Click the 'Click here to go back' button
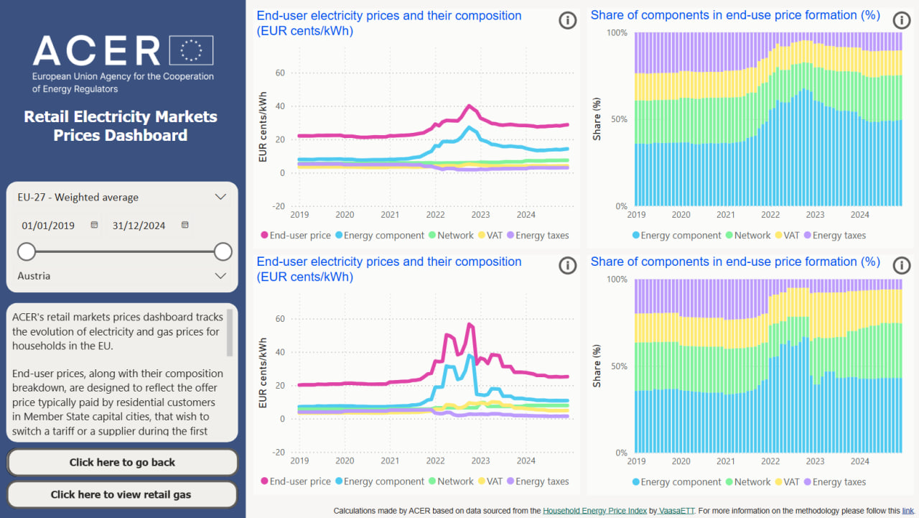tap(122, 463)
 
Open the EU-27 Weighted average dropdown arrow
tap(220, 197)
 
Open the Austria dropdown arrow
tap(220, 276)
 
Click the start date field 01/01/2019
tap(49, 226)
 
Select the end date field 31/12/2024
tap(139, 226)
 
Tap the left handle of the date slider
tap(27, 251)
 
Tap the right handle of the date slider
tap(223, 251)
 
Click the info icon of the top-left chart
tap(567, 20)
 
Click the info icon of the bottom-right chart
tap(902, 266)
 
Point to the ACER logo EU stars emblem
tap(191, 50)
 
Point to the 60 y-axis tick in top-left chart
tap(280, 73)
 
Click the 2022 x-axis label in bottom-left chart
tap(435, 461)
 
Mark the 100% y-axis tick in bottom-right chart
tap(617, 279)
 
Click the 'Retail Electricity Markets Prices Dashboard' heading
tap(121, 126)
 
